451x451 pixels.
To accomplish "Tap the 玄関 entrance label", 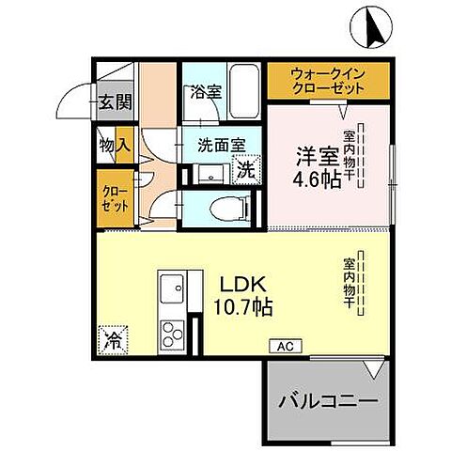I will coord(117,101).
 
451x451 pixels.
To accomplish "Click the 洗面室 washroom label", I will coord(221,146).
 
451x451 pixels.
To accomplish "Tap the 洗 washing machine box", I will coord(244,171).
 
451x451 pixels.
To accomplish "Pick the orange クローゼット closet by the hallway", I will coord(111,197).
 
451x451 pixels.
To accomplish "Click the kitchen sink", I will coord(173,288).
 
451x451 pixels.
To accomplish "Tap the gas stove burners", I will coord(174,334).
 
